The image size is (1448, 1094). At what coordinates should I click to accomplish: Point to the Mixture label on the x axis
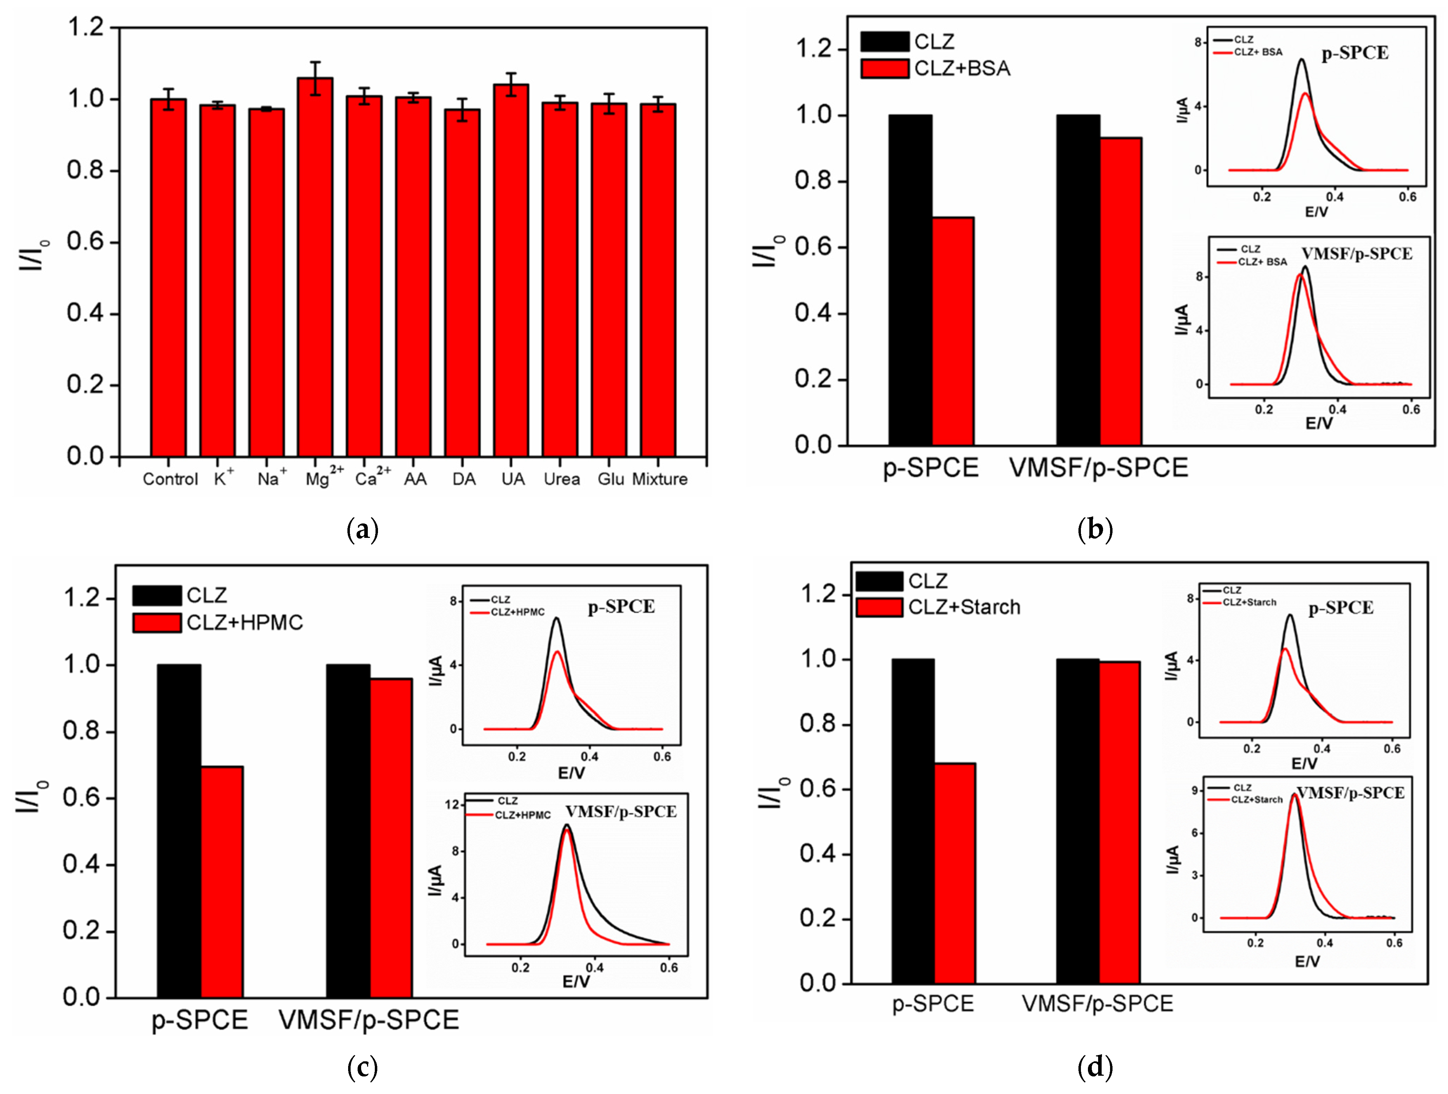coord(659,479)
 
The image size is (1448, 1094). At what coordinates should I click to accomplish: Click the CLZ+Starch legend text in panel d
coord(964,607)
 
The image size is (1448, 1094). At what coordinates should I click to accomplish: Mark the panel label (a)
coord(362,529)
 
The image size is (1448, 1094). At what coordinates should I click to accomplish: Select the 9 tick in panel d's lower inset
coord(1195,791)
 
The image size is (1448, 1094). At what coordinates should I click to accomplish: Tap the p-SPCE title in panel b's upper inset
coord(1355,53)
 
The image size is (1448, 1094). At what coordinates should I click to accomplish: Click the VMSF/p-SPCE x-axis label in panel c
coord(369,1020)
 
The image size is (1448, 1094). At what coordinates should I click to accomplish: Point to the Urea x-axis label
coord(562,479)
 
